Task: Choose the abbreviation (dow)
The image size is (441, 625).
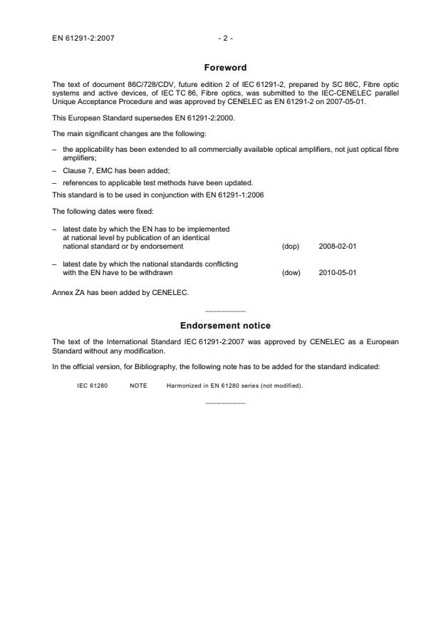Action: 291,271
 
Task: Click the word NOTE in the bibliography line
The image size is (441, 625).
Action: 138,386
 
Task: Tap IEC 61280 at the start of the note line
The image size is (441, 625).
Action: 92,386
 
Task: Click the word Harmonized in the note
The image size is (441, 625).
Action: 182,386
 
